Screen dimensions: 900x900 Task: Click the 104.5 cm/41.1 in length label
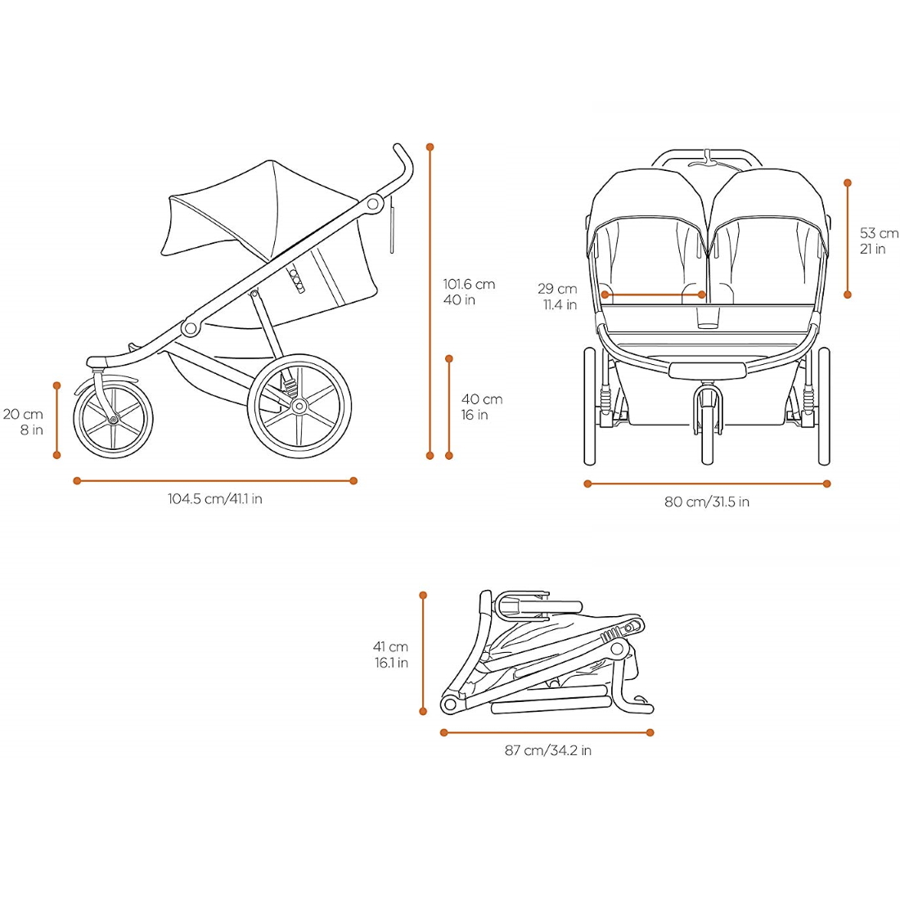(x=215, y=499)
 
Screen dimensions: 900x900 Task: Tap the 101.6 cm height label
(x=469, y=292)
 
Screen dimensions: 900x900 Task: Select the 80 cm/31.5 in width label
(x=706, y=502)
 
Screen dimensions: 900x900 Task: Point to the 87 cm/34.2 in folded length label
(x=547, y=750)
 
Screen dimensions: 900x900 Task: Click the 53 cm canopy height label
(x=878, y=241)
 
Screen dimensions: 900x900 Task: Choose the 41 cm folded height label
(x=391, y=655)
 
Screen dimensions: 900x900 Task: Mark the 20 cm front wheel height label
(x=24, y=422)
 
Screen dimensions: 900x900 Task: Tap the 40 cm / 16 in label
(x=481, y=407)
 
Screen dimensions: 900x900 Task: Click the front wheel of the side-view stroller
(x=113, y=419)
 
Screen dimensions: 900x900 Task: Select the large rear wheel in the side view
(x=299, y=405)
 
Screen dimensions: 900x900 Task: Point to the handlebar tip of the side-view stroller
(x=401, y=154)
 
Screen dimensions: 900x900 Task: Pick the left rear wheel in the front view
(x=590, y=407)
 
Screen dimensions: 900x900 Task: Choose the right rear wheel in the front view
(x=824, y=407)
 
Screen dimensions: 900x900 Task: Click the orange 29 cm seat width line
(x=653, y=295)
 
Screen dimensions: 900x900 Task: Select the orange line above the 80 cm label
(x=707, y=484)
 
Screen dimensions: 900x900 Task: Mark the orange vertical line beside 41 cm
(x=423, y=653)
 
